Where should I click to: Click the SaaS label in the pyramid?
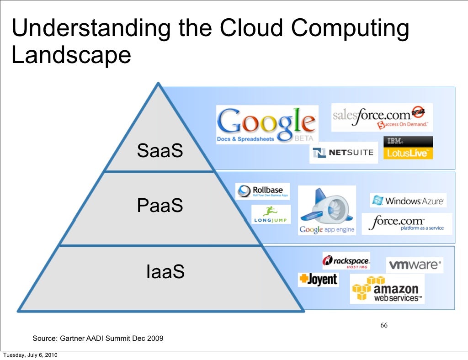click(160, 151)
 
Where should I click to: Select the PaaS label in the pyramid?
click(160, 206)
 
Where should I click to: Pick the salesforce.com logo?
click(382, 117)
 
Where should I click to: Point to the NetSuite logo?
click(344, 153)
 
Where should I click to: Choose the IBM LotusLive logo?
click(408, 148)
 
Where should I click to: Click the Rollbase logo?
click(262, 191)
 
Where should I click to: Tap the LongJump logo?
click(270, 214)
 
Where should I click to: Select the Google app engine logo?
click(327, 211)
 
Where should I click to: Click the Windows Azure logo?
click(408, 201)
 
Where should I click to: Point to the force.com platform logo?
click(406, 224)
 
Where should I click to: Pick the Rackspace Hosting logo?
click(346, 261)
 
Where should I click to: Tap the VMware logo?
click(415, 265)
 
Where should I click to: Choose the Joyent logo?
click(318, 280)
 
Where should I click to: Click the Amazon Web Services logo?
click(387, 289)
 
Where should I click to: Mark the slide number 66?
click(384, 326)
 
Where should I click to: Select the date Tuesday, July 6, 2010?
click(30, 355)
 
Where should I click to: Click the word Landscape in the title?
click(71, 55)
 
